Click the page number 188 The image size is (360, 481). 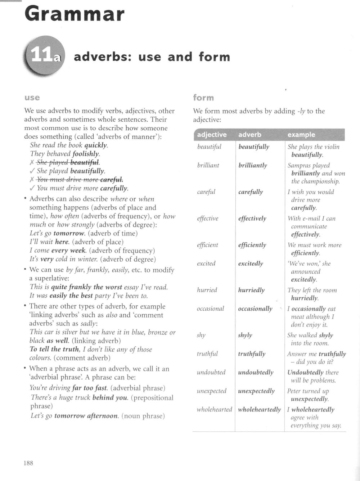[x=28, y=463]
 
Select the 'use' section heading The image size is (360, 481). [x=32, y=98]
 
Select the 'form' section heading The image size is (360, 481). [x=203, y=98]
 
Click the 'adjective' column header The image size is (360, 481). [x=212, y=135]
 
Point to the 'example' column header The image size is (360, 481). [x=301, y=135]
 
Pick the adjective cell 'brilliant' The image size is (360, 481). [x=208, y=165]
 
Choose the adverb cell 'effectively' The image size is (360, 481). [x=252, y=219]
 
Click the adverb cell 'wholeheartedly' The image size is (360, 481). [x=259, y=410]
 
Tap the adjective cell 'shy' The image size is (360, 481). [x=201, y=335]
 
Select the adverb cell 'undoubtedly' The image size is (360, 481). [x=256, y=373]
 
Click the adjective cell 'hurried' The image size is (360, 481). [x=207, y=290]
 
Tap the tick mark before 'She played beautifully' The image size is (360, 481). [x=32, y=171]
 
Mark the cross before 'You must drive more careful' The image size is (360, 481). [x=32, y=180]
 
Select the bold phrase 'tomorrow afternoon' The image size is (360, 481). [x=86, y=416]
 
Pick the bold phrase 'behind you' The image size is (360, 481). [x=110, y=398]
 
